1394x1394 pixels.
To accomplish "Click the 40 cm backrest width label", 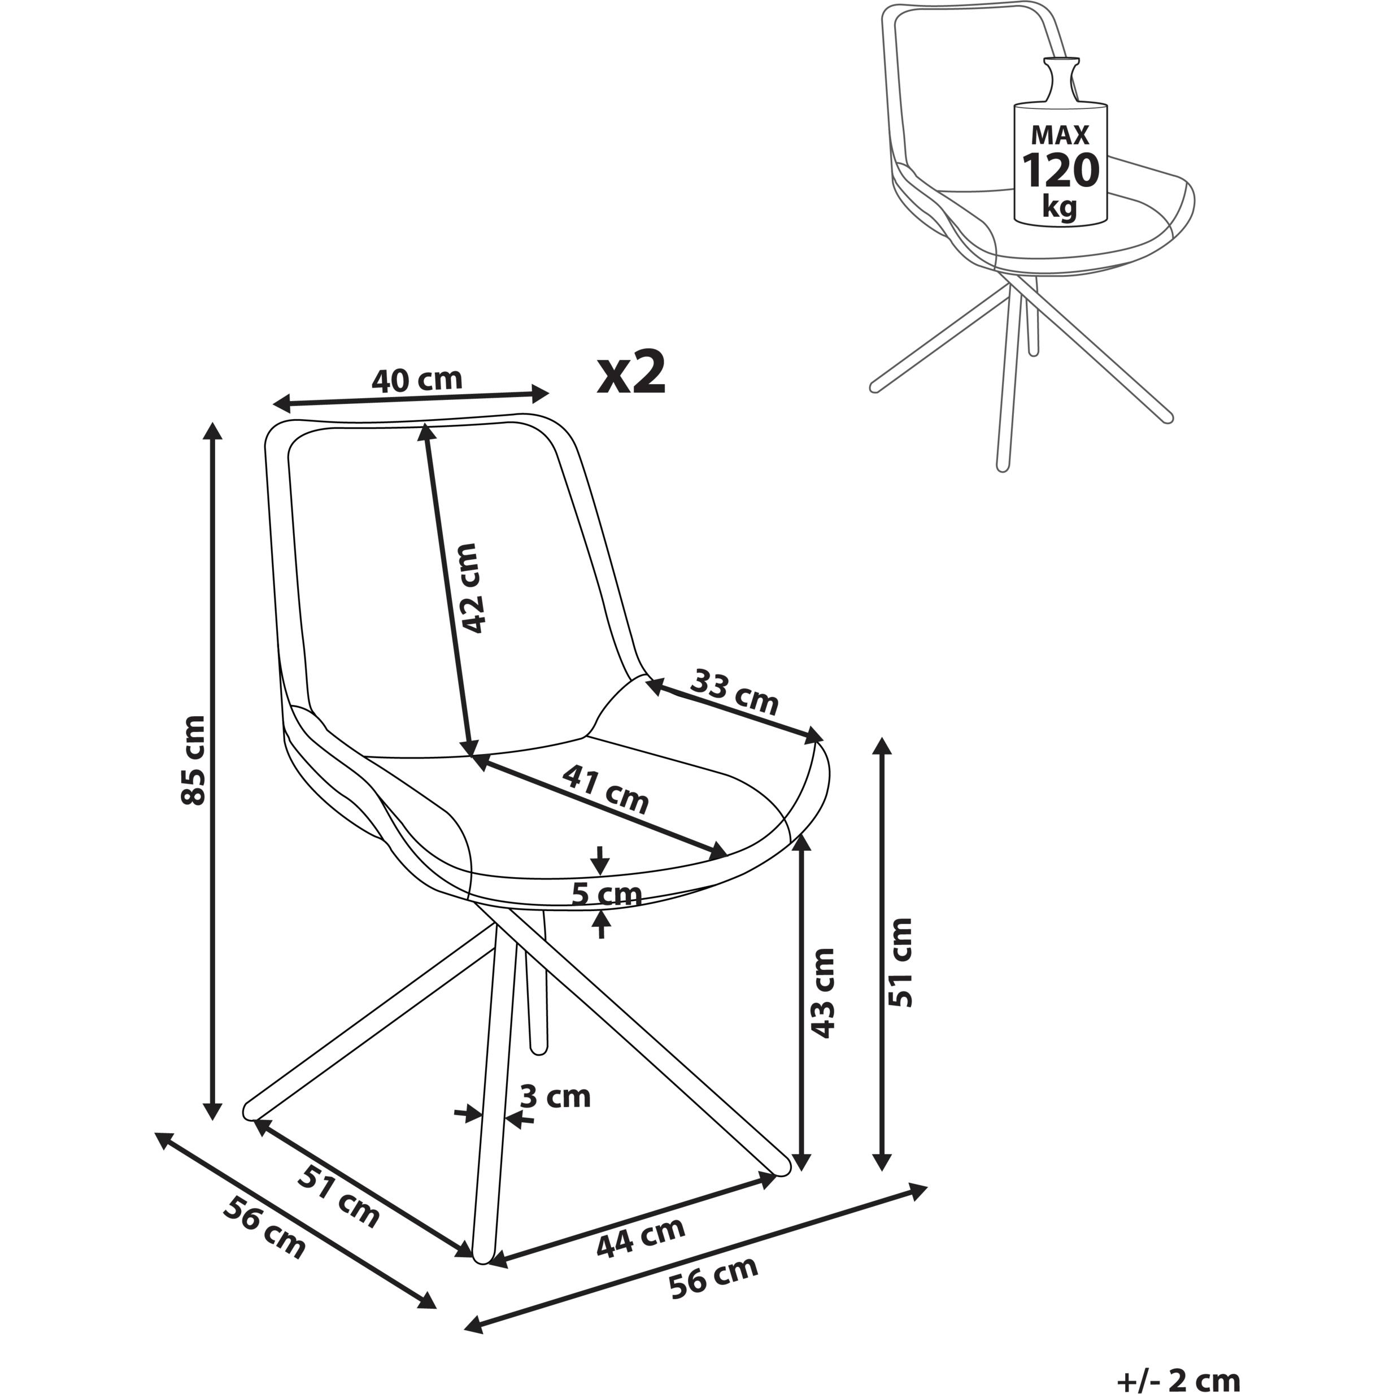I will (x=416, y=380).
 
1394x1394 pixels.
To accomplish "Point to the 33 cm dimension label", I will (x=734, y=692).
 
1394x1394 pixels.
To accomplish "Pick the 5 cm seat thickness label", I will (x=606, y=895).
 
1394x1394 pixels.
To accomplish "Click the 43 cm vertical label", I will (x=822, y=993).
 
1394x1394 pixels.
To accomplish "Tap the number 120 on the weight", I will (x=1060, y=171).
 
